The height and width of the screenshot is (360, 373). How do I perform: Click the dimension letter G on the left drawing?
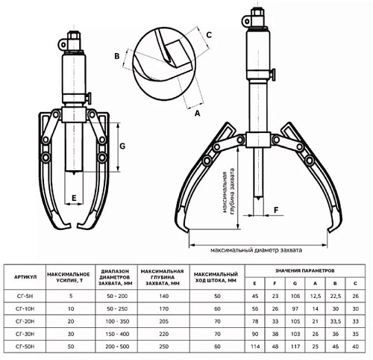click(x=122, y=146)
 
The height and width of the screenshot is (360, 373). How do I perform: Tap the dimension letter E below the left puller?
click(x=74, y=198)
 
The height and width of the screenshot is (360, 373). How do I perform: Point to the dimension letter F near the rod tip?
click(x=276, y=210)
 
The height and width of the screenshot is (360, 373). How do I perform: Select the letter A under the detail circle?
click(x=197, y=114)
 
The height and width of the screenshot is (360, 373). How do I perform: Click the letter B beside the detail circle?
click(x=117, y=56)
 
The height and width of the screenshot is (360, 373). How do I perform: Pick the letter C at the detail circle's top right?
click(x=209, y=35)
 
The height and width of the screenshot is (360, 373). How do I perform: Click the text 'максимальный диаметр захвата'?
click(x=256, y=250)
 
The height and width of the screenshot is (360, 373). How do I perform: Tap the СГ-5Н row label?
click(x=25, y=296)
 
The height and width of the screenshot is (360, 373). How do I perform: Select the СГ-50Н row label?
click(x=25, y=347)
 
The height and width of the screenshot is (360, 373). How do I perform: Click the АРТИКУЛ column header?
click(x=25, y=277)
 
